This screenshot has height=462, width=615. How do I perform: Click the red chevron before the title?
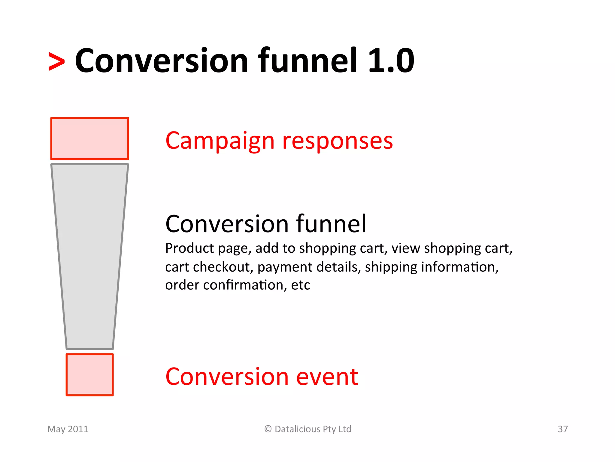click(57, 62)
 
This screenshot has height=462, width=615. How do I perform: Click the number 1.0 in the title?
click(391, 61)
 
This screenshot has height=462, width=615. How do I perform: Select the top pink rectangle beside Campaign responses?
click(89, 139)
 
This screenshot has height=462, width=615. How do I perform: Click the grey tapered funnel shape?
click(89, 256)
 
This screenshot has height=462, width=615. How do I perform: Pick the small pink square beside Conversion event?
click(89, 375)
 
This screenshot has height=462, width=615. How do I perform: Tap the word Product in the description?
click(190, 248)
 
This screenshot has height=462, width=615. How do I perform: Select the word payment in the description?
click(277, 267)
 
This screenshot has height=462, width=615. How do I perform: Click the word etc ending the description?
click(301, 285)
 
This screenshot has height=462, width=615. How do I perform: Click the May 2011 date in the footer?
click(68, 429)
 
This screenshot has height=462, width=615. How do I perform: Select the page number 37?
click(563, 429)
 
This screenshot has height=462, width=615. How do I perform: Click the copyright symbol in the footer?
click(268, 429)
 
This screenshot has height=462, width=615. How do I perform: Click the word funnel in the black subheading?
click(331, 224)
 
